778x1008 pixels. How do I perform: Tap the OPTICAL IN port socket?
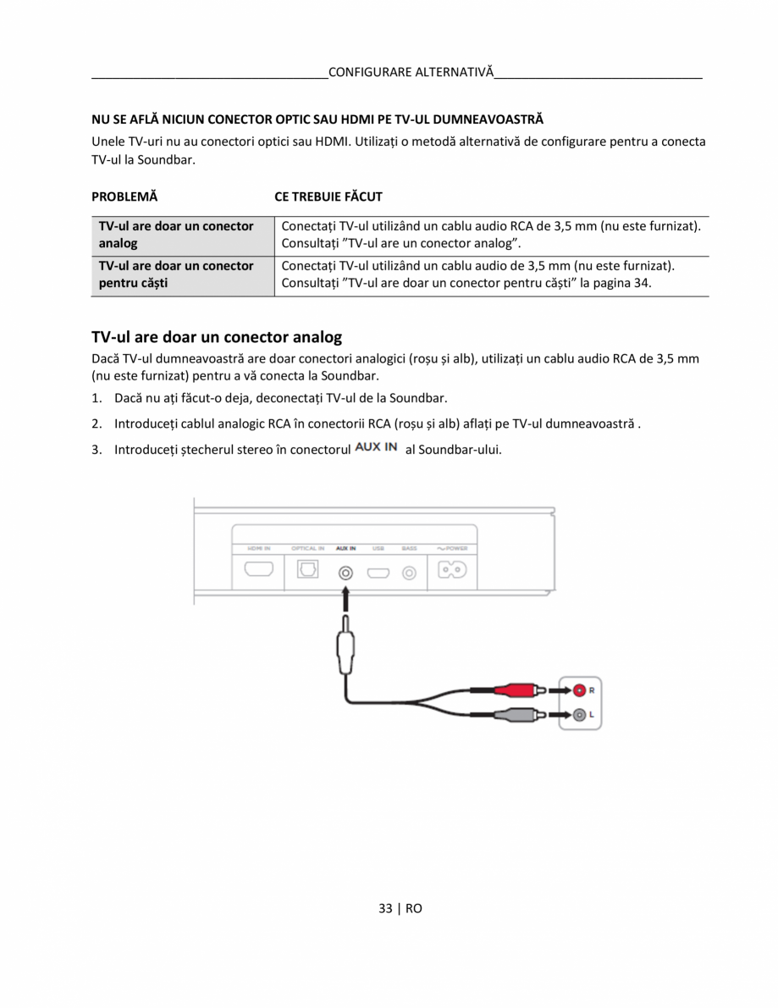[x=307, y=570]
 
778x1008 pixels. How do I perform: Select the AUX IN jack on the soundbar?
[x=345, y=572]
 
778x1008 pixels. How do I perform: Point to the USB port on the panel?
[x=378, y=573]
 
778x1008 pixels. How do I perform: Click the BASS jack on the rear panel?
[x=410, y=573]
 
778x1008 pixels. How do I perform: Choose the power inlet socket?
[x=451, y=570]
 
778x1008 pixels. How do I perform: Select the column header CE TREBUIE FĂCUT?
[x=328, y=197]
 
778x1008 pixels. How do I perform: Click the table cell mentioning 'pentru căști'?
[x=176, y=274]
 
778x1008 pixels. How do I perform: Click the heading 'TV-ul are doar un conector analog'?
[x=217, y=337]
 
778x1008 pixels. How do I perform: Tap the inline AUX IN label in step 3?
[x=376, y=447]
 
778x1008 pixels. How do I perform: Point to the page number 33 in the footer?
[x=386, y=908]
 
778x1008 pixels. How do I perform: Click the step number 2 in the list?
[x=97, y=423]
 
